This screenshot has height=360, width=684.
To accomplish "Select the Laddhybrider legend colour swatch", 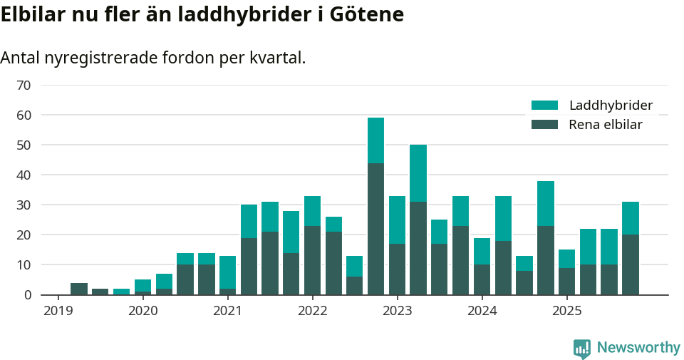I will point(545,106).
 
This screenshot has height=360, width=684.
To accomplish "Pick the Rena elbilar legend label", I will point(606,125).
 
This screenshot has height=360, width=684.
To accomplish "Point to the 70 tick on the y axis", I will point(24,86).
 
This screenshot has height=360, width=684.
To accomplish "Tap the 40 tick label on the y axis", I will point(24,175).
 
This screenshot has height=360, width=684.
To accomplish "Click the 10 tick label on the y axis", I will point(24,265).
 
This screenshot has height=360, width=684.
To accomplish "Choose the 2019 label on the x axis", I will point(58,311).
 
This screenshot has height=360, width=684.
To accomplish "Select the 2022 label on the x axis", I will point(312,311).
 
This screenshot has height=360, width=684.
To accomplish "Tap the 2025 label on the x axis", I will point(567,311).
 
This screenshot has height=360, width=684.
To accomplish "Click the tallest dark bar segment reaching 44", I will point(375,228).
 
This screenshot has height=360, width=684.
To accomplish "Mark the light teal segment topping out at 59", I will point(375,140).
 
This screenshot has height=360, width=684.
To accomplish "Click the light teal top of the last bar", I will point(631,218).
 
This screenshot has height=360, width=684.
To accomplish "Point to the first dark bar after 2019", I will point(79,289).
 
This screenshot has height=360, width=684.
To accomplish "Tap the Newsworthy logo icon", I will point(582,349).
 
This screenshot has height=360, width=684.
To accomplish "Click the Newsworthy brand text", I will point(638,348).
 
